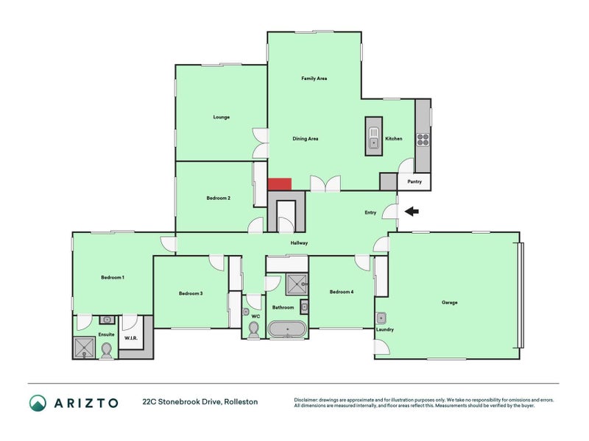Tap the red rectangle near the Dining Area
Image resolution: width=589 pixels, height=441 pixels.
[279, 184]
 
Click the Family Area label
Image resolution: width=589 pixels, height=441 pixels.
[314, 78]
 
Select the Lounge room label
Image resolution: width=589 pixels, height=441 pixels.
[221, 117]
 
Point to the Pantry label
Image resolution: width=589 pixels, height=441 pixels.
[415, 182]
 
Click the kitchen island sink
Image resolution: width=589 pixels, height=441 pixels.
[373, 143]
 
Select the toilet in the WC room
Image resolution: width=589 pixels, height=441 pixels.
[253, 332]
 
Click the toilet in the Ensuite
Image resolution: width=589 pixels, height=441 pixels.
[106, 350]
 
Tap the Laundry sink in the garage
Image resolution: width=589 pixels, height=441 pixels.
[381, 318]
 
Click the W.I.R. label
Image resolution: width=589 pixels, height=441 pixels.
[132, 339]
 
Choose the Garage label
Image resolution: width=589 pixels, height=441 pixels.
[449, 302]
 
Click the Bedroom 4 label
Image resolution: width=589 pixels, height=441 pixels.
[341, 292]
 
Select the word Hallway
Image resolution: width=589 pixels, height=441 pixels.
[299, 243]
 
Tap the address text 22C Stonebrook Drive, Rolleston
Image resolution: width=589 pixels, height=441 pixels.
[200, 402]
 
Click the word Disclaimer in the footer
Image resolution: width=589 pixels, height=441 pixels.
[306, 400]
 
